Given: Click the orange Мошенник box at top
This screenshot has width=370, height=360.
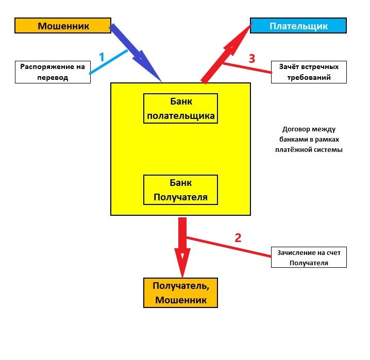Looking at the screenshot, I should (62, 25).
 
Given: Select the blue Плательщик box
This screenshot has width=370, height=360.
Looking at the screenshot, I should (298, 26).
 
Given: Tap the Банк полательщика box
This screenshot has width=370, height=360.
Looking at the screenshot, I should (180, 109).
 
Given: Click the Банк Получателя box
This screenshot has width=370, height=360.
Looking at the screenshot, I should (180, 190).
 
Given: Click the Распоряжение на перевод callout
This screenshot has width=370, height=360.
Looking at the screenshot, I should (53, 72).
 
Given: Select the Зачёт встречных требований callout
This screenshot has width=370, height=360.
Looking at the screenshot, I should (309, 72).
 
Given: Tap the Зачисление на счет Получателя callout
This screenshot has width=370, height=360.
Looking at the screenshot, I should (309, 257).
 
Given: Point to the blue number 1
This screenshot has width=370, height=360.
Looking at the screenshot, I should (102, 57).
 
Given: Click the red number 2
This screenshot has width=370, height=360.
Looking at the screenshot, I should (238, 237).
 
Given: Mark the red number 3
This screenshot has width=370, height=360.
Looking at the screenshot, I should (251, 59).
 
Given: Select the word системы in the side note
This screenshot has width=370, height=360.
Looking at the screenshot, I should (329, 150).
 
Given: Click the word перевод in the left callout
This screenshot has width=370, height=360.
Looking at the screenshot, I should (53, 78).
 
